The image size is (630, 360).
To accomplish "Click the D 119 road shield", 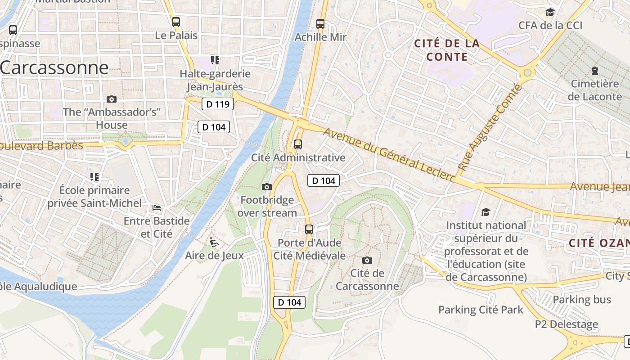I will tap(218, 104).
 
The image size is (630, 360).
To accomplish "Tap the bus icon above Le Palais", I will tap(176, 22).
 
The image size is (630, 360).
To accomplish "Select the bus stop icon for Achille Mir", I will tap(320, 23).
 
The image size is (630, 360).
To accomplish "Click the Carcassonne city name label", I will tap(54, 68).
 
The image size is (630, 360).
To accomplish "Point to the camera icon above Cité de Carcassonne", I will tap(367, 260).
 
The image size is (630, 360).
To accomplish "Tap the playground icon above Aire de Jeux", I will tap(214, 243).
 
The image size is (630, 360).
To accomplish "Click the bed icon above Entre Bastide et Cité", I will tap(157, 208).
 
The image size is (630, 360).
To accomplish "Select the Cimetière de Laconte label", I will tap(594, 90).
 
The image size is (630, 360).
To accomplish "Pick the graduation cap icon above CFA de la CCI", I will tap(550, 12).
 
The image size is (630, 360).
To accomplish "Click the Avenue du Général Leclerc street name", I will tap(389, 156).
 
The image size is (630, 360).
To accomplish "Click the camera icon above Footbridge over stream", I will tap(267, 187).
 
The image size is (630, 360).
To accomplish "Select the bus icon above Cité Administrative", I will tap(298, 144).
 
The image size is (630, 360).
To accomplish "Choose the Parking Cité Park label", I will tap(481, 310).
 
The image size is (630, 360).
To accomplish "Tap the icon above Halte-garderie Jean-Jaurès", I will tap(215, 60).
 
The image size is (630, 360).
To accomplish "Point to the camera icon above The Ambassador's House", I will tap(112, 99).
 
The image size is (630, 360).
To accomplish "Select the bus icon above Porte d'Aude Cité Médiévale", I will tap(309, 229).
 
